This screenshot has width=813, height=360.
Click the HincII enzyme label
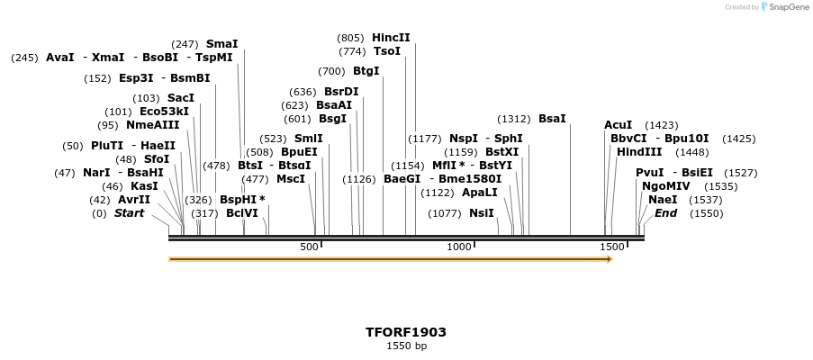pyautogui.click(x=391, y=38)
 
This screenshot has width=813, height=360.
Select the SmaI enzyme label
pyautogui.click(x=221, y=43)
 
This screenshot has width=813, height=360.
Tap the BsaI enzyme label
pyautogui.click(x=552, y=119)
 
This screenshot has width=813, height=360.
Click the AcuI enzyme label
pyautogui.click(x=618, y=125)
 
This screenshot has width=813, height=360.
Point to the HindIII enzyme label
pyautogui.click(x=639, y=152)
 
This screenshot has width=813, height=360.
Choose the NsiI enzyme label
pyautogui.click(x=482, y=213)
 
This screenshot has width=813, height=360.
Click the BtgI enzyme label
pyautogui.click(x=366, y=71)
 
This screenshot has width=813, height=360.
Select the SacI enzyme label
pyautogui.click(x=180, y=98)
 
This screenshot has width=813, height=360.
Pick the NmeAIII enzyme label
pyautogui.click(x=152, y=125)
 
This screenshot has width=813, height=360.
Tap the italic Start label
pyautogui.click(x=129, y=213)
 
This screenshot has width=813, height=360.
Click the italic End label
pyautogui.click(x=665, y=213)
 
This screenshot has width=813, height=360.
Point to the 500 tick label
pyautogui.click(x=309, y=247)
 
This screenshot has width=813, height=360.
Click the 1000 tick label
pyautogui.click(x=460, y=247)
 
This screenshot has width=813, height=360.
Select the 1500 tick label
pyautogui.click(x=612, y=247)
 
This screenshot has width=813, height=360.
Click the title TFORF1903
pyautogui.click(x=406, y=332)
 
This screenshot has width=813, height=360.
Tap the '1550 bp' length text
pyautogui.click(x=406, y=346)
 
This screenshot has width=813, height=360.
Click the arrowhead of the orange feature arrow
pyautogui.click(x=610, y=259)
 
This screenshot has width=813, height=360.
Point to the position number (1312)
pyautogui.click(x=514, y=119)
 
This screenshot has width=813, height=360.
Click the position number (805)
pyautogui.click(x=350, y=38)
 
